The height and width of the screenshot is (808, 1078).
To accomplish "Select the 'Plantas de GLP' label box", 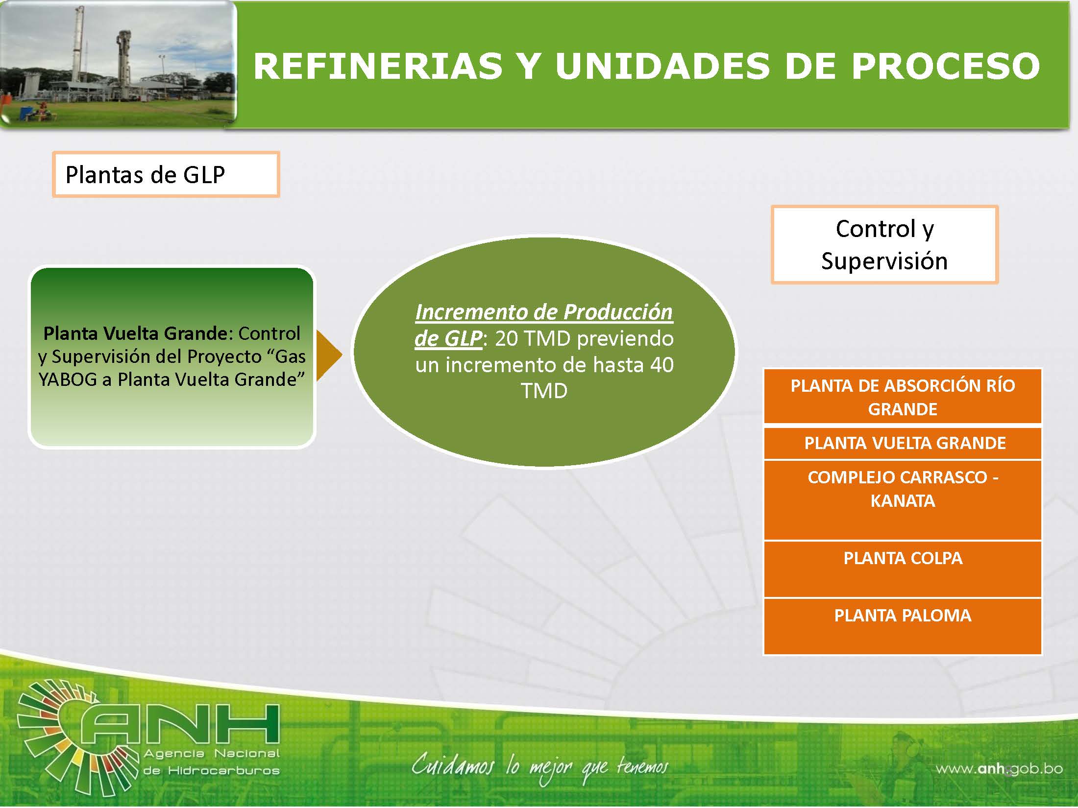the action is (166, 174).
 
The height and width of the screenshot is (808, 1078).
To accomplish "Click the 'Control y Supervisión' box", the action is (884, 244).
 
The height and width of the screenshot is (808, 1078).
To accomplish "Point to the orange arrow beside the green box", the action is (329, 356).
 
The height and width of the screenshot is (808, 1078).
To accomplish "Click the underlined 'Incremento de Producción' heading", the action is (544, 312).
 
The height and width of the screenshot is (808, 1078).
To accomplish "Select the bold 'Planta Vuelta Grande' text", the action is (135, 333).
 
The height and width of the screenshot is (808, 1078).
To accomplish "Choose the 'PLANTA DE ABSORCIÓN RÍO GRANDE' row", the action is (903, 396).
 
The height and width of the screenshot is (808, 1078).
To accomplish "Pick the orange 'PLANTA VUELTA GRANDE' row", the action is (903, 443).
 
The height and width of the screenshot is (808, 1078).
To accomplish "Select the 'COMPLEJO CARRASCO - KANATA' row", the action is (903, 500).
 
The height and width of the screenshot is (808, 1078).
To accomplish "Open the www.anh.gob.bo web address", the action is (1000, 769).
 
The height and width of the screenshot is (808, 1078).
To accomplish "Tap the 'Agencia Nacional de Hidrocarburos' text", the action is (212, 762).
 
